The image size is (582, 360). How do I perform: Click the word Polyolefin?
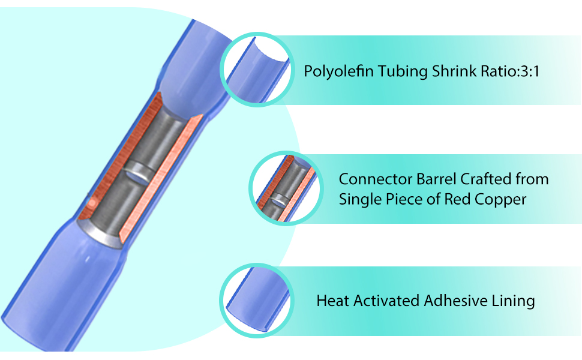coord(338,71)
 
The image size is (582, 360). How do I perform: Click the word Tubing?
coord(403,71)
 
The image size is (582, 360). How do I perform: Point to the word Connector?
coord(375,179)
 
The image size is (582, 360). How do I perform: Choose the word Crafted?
coord(481,179)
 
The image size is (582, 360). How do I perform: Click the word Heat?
coord(332,301)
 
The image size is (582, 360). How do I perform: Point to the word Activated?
coord(386,301)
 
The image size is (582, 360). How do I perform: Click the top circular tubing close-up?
coord(257,70)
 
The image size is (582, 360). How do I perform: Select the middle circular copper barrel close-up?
coord(286,188)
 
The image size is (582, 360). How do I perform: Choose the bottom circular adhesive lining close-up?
coord(257,301)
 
